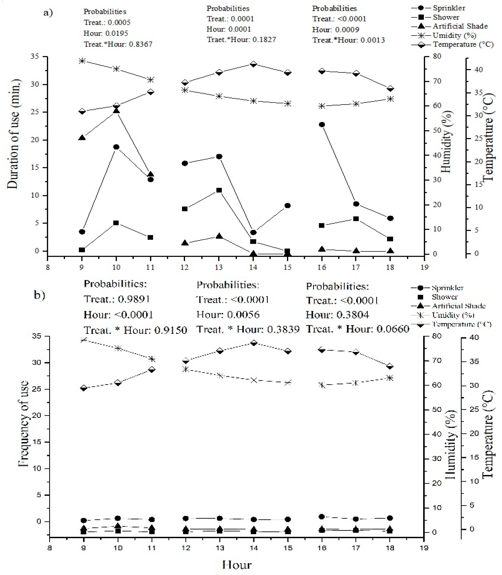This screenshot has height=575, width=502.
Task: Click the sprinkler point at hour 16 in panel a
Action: coord(322,124)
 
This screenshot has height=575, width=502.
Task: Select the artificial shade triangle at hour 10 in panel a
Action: coord(116,110)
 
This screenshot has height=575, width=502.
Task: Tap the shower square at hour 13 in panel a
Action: coord(219,190)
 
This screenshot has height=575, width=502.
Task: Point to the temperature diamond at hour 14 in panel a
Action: coord(253,64)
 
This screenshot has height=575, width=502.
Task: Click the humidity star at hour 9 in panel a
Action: coord(82,61)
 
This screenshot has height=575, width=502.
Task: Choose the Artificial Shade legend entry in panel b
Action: coord(458,306)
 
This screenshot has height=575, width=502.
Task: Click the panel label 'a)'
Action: coord(48,13)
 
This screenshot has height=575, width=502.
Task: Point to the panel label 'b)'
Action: coord(39,295)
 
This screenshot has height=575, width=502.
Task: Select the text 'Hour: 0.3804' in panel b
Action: coord(337,315)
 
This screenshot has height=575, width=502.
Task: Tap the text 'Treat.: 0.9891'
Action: coord(117,299)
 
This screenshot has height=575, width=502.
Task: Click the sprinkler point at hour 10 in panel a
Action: coord(116,147)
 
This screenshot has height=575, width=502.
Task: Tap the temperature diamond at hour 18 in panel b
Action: coord(390,366)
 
